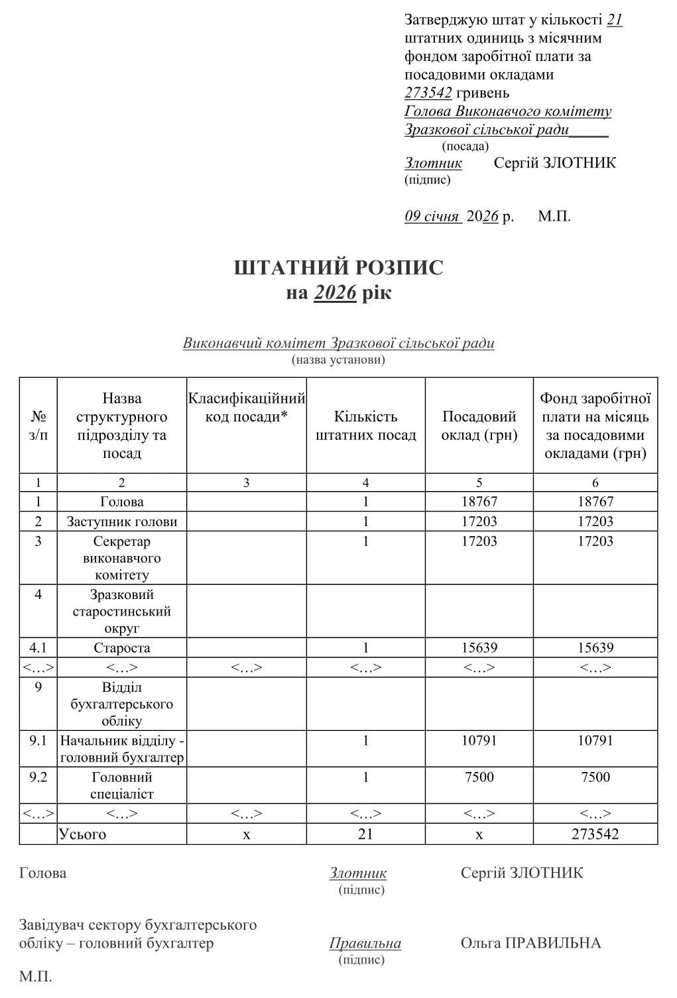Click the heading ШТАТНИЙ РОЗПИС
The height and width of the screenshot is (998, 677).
[x=338, y=268]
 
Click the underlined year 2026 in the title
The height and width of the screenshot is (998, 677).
[x=336, y=292]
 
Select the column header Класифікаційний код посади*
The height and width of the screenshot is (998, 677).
[x=247, y=408]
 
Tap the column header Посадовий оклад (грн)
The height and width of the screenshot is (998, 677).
[x=479, y=426]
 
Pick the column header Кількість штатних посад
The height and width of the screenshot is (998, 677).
[x=365, y=426]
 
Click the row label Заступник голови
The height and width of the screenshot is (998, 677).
[x=122, y=522]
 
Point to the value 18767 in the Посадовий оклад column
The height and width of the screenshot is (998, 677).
[x=479, y=502]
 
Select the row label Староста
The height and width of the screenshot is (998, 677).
[x=122, y=648]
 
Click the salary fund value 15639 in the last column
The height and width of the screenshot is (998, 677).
[x=595, y=648]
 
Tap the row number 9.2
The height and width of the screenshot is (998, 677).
[x=38, y=777]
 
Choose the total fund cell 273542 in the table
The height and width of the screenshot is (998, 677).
[x=595, y=834]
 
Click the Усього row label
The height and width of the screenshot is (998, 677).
[x=83, y=834]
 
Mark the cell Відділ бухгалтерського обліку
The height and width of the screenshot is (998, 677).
[x=122, y=704]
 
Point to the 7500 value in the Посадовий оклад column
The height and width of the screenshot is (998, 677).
[x=479, y=777]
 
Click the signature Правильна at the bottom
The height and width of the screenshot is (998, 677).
[x=365, y=944]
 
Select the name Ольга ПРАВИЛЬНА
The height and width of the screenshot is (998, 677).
[x=530, y=944]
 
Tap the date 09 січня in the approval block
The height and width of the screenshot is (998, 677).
[x=432, y=217]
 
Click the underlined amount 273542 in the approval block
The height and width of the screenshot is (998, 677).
[x=428, y=93]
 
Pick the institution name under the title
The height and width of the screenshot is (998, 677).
[x=338, y=343]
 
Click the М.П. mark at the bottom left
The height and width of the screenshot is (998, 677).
[x=36, y=977]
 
